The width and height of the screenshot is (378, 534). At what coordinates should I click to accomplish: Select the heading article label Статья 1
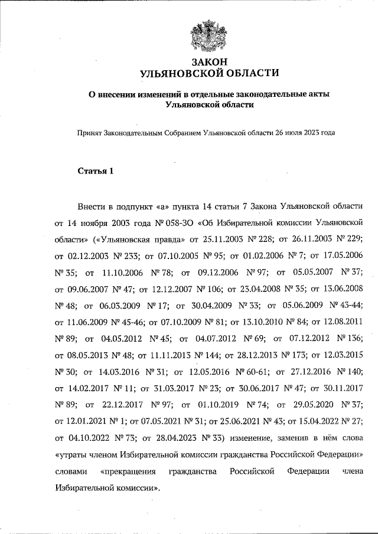coord(95,172)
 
